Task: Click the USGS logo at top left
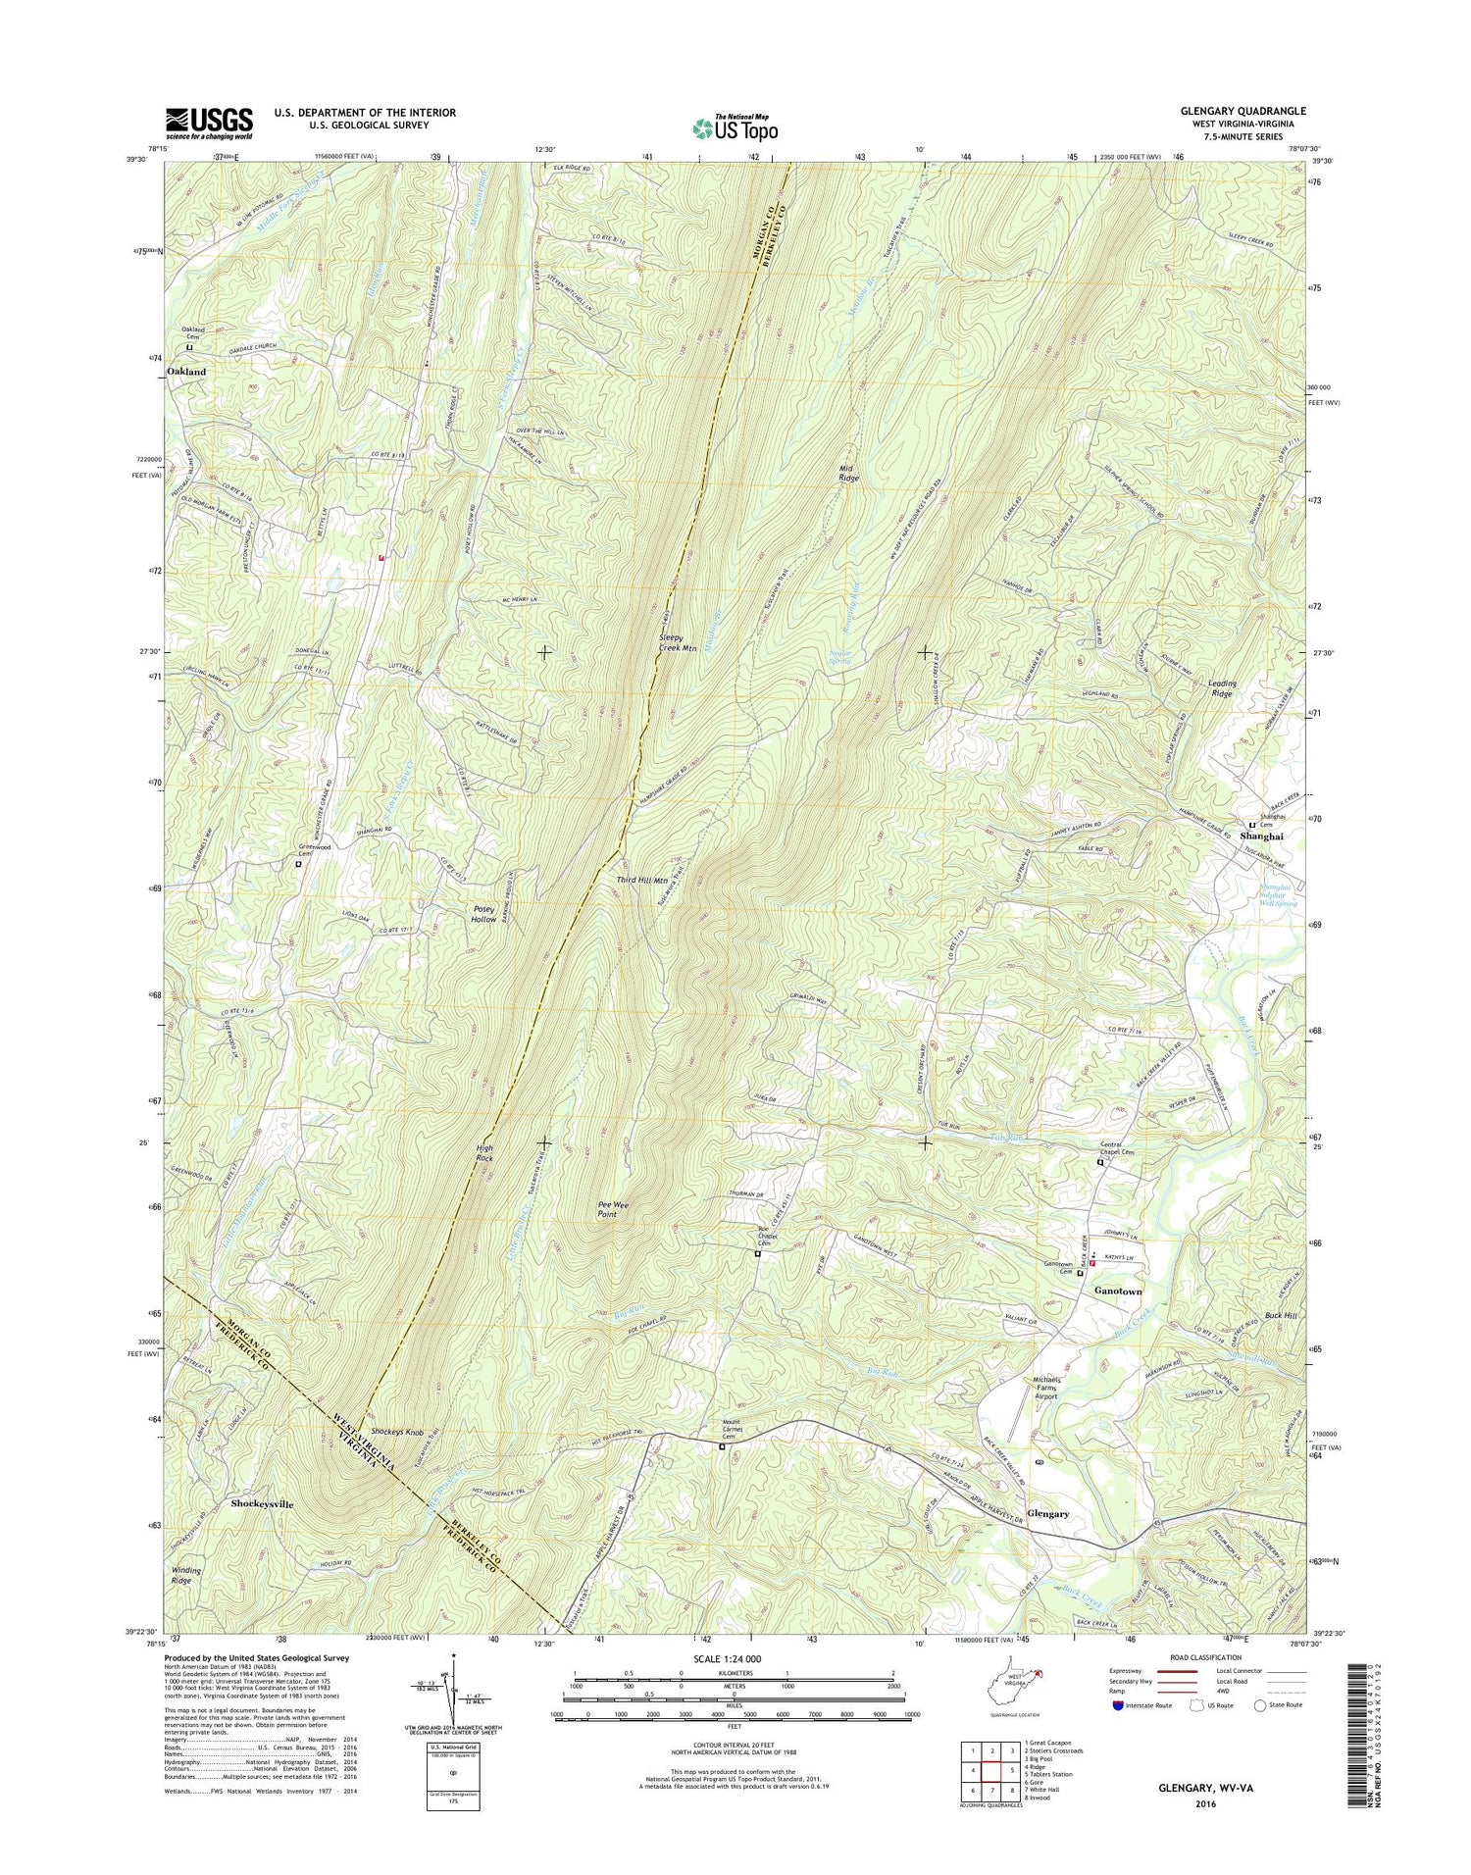209,124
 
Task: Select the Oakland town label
186,373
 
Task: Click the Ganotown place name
1118,1292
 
